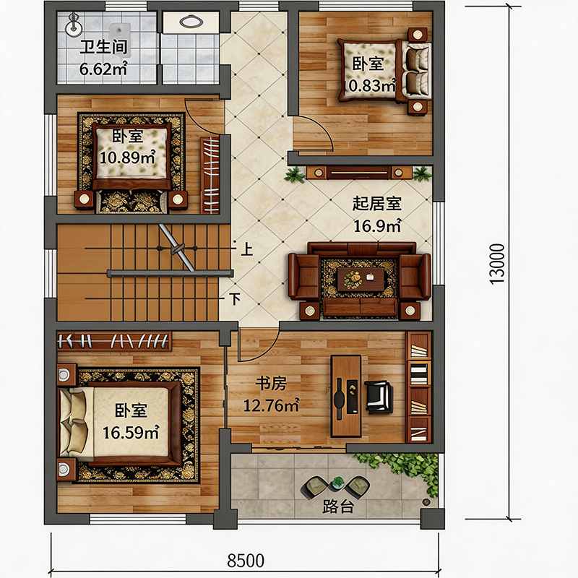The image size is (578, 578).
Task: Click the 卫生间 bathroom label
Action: click(103, 48)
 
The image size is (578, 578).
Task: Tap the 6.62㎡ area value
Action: click(103, 69)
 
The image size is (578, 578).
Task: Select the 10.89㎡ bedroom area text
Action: click(128, 158)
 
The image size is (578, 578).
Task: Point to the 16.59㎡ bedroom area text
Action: click(131, 432)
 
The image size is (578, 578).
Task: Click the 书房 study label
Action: click(271, 384)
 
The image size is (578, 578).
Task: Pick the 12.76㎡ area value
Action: click(271, 406)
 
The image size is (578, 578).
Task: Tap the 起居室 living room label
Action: click(376, 204)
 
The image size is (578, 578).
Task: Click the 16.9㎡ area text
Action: click(377, 226)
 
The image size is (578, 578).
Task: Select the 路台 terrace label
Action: click(338, 507)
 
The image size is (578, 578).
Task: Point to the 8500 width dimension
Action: click(246, 561)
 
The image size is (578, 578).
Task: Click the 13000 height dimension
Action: click(497, 264)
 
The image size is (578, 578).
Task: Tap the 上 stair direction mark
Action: click(246, 249)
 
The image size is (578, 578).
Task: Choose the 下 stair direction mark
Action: click(235, 299)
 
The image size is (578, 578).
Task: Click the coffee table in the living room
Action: click(361, 279)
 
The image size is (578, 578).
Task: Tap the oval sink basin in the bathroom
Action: click(191, 22)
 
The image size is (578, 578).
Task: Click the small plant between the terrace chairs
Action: click(337, 482)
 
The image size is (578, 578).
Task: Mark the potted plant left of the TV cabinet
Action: click(295, 175)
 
